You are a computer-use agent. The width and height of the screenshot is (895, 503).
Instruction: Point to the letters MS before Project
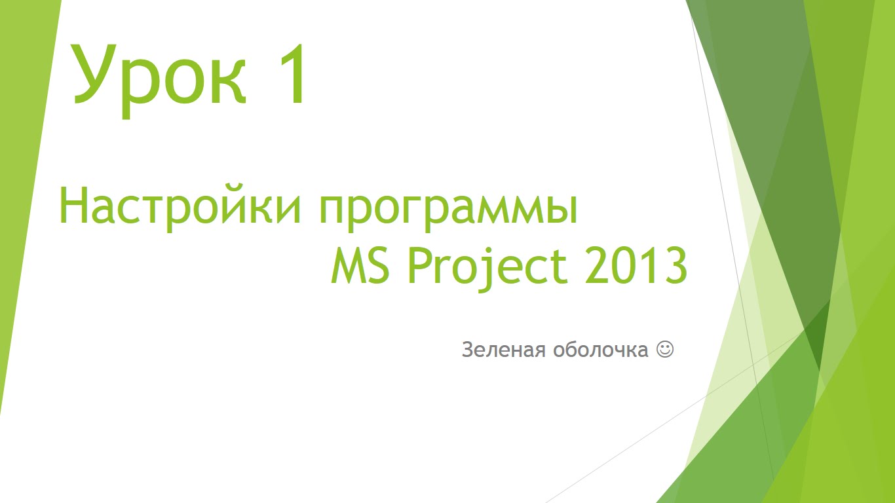[x=360, y=265]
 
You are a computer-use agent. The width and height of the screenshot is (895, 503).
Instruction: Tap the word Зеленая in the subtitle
[x=504, y=350]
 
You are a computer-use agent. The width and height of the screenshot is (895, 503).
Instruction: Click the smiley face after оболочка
[x=665, y=349]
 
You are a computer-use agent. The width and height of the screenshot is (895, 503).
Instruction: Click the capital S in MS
[x=378, y=265]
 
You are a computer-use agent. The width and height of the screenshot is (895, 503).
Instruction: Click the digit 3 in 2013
[x=676, y=265]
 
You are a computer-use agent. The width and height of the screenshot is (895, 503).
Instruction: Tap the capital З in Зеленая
[x=468, y=350]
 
